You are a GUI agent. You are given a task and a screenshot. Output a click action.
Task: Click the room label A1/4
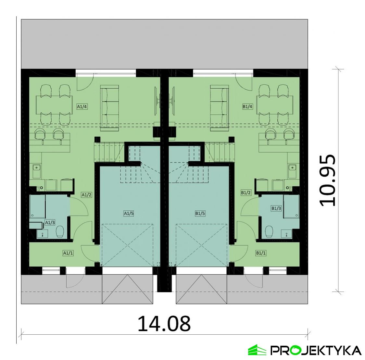tap(82, 106)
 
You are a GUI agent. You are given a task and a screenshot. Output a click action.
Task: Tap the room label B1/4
tap(248, 106)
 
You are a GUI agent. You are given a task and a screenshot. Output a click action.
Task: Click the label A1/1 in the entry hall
tap(68, 253)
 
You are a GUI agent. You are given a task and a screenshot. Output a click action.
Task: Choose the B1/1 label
tap(261, 253)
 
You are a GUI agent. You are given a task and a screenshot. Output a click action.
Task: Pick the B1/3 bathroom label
tap(276, 208)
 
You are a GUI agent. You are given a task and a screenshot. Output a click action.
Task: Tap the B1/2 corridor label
tap(246, 192)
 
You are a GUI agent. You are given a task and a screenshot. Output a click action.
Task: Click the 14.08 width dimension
tap(164, 324)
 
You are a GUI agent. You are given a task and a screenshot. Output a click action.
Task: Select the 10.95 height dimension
tap(327, 180)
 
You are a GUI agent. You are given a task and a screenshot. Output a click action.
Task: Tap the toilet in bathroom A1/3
tap(59, 231)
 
